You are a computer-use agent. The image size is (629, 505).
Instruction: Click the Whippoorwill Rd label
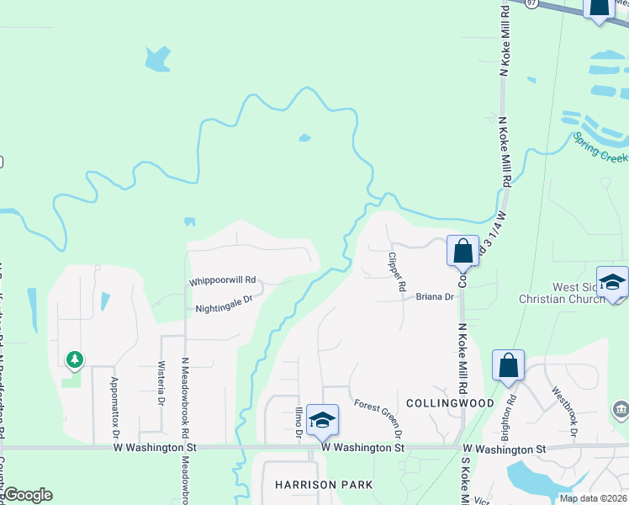point(222,280)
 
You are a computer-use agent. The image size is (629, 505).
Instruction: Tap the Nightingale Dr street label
point(224,309)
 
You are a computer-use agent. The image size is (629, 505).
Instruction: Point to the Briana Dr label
point(435,297)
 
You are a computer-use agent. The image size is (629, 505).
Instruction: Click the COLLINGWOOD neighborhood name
point(449,403)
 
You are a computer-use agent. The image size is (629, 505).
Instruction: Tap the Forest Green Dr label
point(378,417)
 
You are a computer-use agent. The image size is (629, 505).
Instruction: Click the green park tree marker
point(75,360)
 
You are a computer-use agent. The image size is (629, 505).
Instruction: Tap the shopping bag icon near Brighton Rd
point(508,365)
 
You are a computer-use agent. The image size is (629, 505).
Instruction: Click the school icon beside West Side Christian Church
point(612,281)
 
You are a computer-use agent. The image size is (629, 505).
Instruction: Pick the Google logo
point(27,495)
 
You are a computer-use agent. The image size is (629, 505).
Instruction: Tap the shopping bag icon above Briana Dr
point(462,250)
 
